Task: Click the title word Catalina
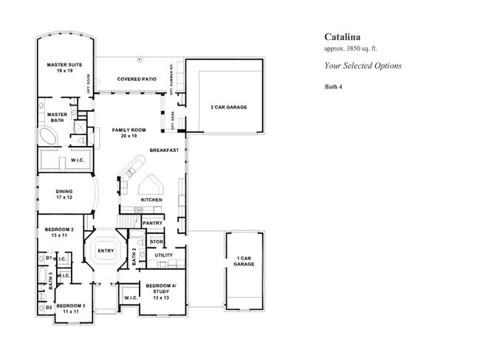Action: (x=344, y=35)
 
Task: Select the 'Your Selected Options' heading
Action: (x=363, y=66)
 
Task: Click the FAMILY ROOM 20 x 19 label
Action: (x=128, y=134)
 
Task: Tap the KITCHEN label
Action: (x=151, y=200)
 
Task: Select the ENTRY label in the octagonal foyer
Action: (x=106, y=252)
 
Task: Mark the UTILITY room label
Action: (x=163, y=255)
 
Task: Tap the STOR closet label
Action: (x=156, y=241)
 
